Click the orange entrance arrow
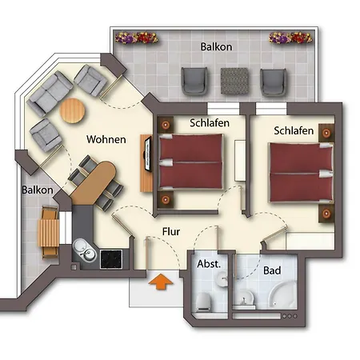(161, 282)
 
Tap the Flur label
(171, 231)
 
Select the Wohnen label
(106, 139)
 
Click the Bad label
(272, 270)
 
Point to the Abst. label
(209, 264)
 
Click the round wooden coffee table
(72, 110)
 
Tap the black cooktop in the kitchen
(111, 259)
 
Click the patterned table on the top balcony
(234, 81)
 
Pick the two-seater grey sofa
(50, 94)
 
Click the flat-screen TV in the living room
(147, 154)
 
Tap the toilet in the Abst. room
(204, 302)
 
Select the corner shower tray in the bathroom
(282, 294)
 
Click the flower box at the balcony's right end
(290, 38)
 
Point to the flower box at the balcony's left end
(136, 38)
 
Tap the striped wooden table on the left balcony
(48, 233)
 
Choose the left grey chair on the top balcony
(194, 81)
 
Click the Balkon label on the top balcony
(216, 46)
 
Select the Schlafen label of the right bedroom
(294, 130)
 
